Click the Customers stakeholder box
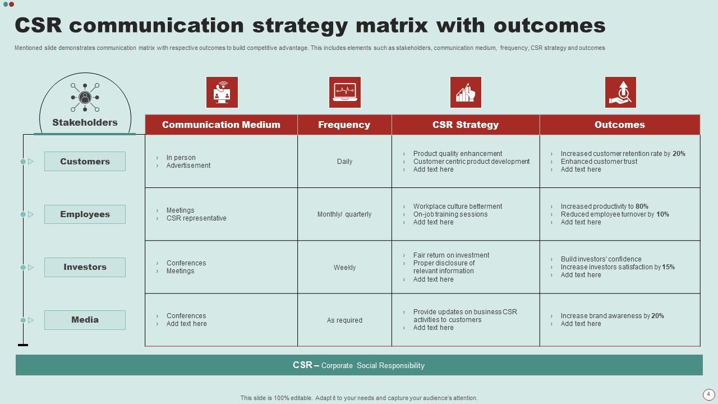pyautogui.click(x=85, y=162)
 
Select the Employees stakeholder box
pyautogui.click(x=85, y=214)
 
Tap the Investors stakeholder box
pyautogui.click(x=85, y=267)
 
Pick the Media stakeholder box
pyautogui.click(x=85, y=320)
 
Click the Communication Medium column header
pyautogui.click(x=221, y=125)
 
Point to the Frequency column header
pyautogui.click(x=344, y=125)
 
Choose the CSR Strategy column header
pyautogui.click(x=465, y=125)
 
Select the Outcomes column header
pyautogui.click(x=619, y=125)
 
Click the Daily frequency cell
pyautogui.click(x=344, y=162)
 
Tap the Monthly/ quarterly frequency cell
pyautogui.click(x=344, y=214)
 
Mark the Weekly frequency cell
pyautogui.click(x=344, y=268)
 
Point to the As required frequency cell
pyautogui.click(x=344, y=320)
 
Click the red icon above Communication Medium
pyautogui.click(x=222, y=93)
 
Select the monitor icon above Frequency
pyautogui.click(x=344, y=93)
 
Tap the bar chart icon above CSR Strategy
pyautogui.click(x=466, y=93)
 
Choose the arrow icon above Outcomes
pyautogui.click(x=620, y=93)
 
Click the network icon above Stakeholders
pyautogui.click(x=85, y=97)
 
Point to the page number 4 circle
pyautogui.click(x=708, y=394)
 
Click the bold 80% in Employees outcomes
pyautogui.click(x=642, y=206)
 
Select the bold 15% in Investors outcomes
pyautogui.click(x=668, y=267)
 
